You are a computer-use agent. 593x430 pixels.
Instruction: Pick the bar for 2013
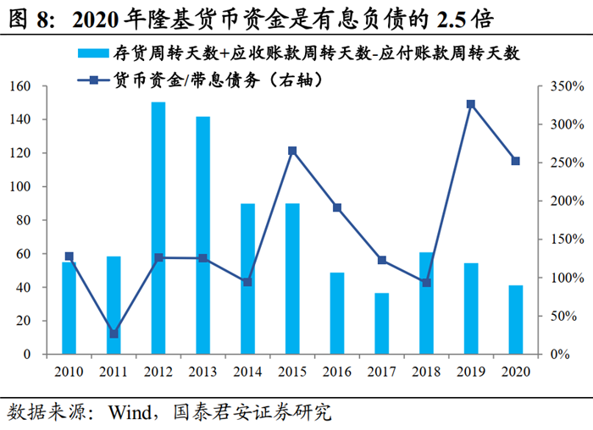pos(202,234)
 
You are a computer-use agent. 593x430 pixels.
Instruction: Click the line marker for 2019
pos(470,104)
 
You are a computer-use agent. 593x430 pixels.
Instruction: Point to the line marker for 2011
pos(114,334)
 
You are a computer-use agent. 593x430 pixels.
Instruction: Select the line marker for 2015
pos(292,151)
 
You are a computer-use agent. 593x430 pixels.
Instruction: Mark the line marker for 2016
pos(336,207)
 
